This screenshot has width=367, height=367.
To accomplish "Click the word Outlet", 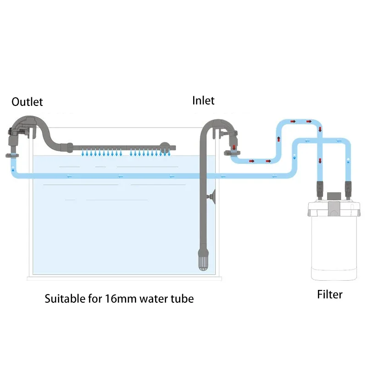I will click(27, 101).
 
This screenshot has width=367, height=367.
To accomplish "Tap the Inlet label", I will click(203, 100).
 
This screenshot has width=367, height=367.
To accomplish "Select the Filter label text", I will click(329, 294).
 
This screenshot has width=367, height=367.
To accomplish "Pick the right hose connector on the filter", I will click(348, 187).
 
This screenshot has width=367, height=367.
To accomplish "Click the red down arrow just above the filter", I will click(320, 161).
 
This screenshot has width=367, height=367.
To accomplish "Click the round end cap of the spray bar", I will click(164, 148).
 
